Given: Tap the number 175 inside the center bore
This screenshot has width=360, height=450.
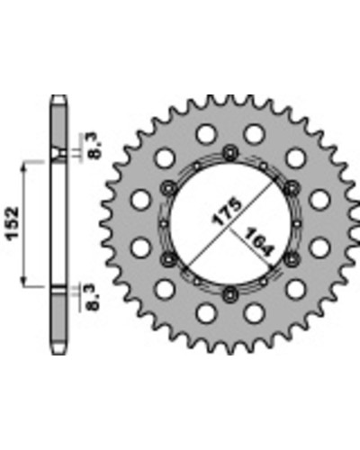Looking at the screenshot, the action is [227, 211].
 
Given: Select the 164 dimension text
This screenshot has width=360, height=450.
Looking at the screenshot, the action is [258, 242].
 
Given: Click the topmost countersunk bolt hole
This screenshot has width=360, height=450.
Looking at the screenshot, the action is [230, 154].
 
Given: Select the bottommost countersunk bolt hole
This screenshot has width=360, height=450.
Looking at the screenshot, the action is [230, 294].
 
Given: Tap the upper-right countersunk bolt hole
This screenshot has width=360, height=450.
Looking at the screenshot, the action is [291, 189].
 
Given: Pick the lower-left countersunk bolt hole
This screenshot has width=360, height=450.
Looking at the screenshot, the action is [168, 259].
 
